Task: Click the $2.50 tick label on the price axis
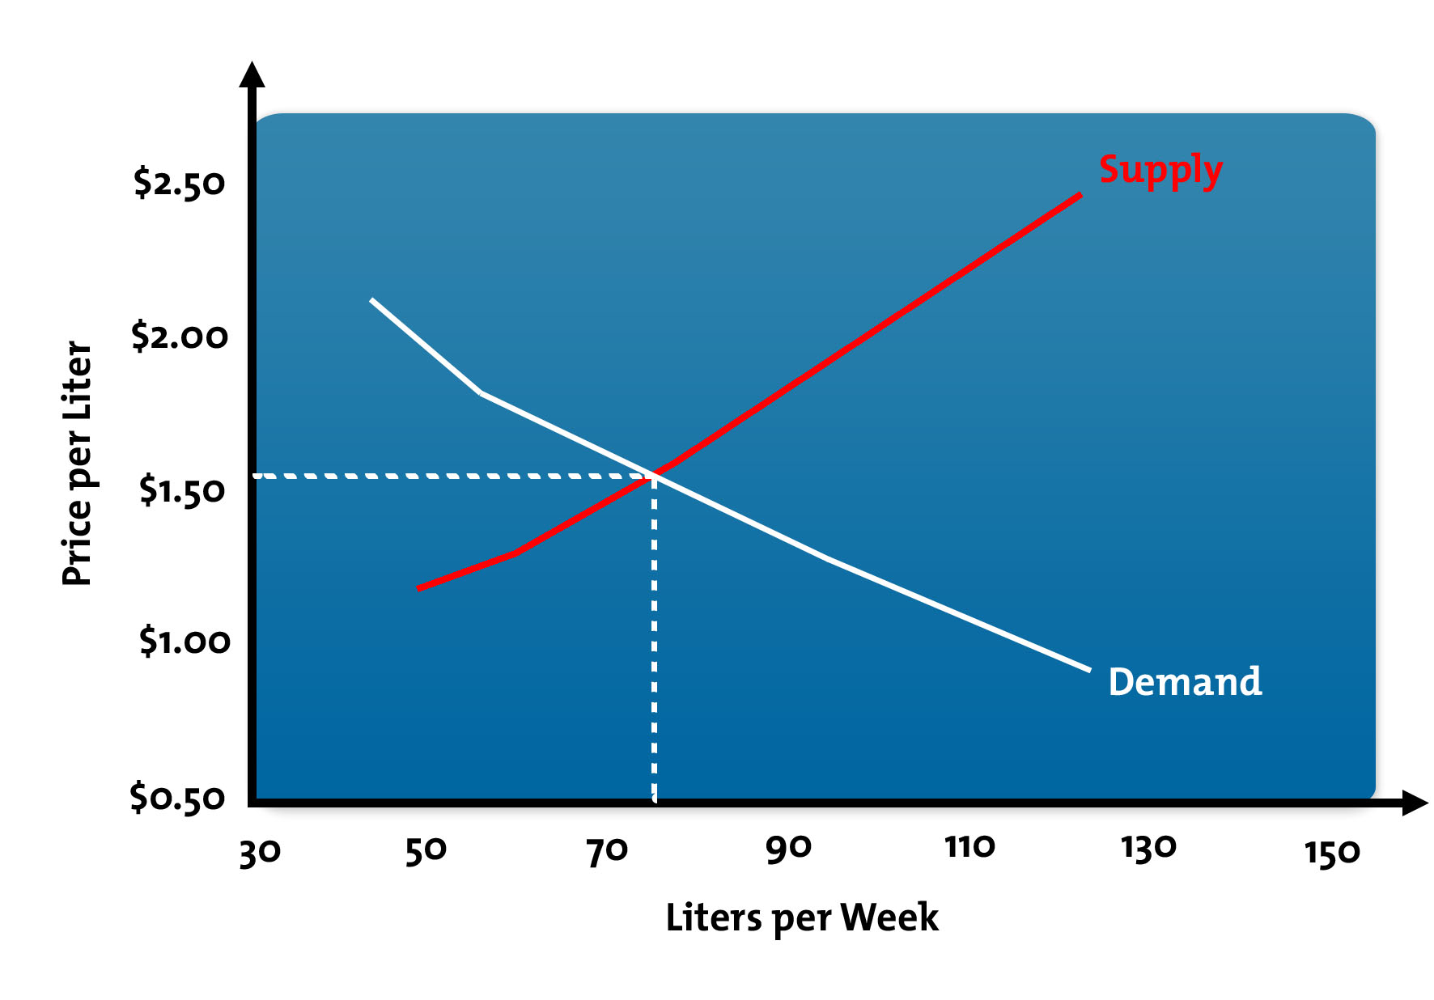[x=179, y=183]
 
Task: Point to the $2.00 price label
[x=180, y=336]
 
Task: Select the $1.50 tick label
[x=181, y=490]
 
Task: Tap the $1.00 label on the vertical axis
[x=185, y=642]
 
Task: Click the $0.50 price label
[x=177, y=798]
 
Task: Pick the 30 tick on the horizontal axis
[x=260, y=852]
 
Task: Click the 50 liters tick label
[x=426, y=850]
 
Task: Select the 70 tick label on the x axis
[x=607, y=850]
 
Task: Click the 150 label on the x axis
[x=1332, y=853]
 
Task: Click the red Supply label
[x=1160, y=171]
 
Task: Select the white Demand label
[x=1185, y=682]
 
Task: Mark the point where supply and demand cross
[x=654, y=476]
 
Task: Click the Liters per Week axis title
[x=801, y=918]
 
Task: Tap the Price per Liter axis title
[x=78, y=463]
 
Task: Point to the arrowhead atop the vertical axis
[x=252, y=74]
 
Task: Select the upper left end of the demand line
[x=371, y=300]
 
